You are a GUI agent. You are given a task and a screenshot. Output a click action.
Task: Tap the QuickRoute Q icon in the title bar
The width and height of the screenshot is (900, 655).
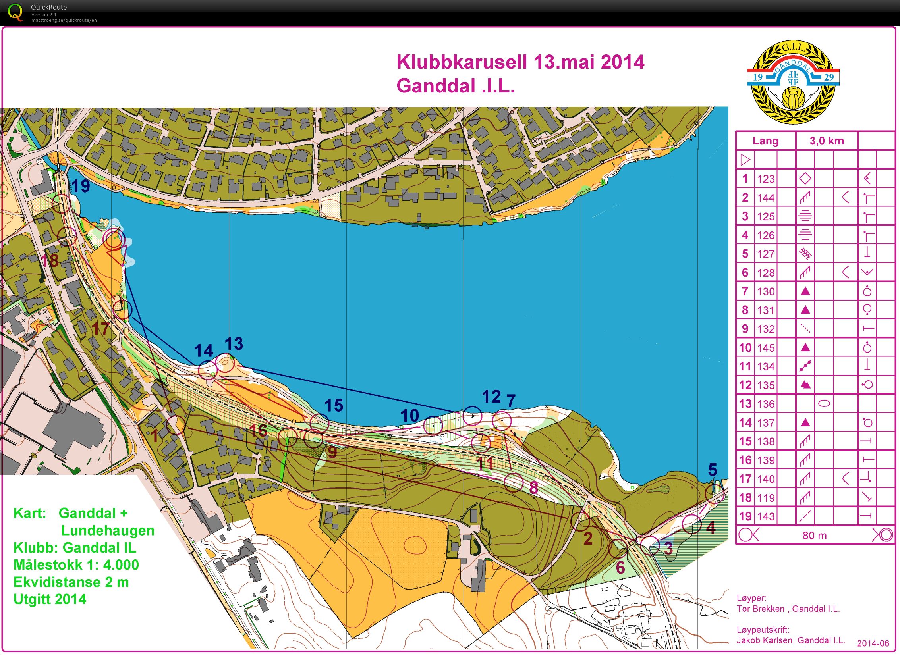(x=15, y=12)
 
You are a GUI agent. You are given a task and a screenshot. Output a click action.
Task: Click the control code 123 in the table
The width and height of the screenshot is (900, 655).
(x=766, y=179)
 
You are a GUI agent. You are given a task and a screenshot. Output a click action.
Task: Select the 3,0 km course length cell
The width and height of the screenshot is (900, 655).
(x=827, y=141)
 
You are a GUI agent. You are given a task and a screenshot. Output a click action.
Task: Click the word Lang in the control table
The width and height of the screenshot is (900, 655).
(x=765, y=141)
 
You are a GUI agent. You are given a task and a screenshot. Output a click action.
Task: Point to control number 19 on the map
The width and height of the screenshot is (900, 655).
(x=81, y=186)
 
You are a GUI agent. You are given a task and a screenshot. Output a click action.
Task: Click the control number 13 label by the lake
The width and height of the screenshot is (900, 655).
(x=234, y=344)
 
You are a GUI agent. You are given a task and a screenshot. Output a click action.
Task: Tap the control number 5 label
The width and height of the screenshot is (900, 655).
(x=713, y=470)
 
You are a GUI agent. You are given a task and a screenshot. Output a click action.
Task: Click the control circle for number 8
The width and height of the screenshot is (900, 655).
(x=514, y=482)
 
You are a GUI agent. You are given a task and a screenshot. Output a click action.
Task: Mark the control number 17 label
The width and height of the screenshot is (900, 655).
(x=100, y=329)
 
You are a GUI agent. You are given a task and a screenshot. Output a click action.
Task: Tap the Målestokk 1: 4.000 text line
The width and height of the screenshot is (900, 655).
(x=76, y=565)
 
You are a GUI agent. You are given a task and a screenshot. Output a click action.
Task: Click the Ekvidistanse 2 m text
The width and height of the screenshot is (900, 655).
(x=71, y=582)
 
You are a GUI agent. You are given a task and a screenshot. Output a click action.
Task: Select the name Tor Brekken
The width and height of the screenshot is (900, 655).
(x=760, y=609)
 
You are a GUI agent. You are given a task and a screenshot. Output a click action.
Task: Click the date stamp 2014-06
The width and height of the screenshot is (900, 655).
(x=873, y=643)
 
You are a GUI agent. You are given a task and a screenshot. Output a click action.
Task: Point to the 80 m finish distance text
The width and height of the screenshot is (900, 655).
(x=814, y=536)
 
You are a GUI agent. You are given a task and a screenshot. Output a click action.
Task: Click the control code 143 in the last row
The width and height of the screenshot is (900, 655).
(x=766, y=516)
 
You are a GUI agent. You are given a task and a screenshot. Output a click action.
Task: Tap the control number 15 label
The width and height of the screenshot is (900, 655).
(x=334, y=406)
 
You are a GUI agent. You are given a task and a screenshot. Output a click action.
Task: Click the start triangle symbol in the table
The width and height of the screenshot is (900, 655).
(x=745, y=160)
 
